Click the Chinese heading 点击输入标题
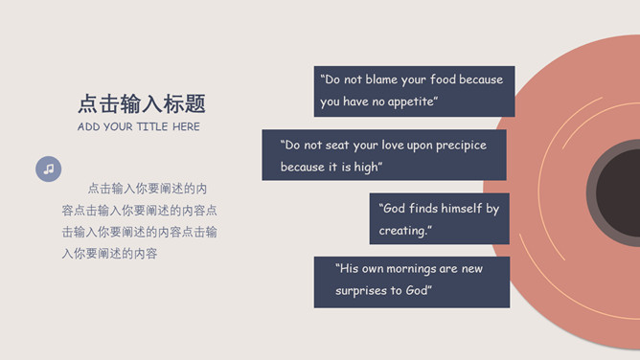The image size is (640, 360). (142, 103)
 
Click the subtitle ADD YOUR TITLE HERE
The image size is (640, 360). (139, 126)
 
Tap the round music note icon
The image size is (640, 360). (49, 169)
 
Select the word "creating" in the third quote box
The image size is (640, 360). (402, 231)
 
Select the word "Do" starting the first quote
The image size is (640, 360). (332, 79)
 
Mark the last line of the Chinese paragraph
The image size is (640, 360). (110, 254)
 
